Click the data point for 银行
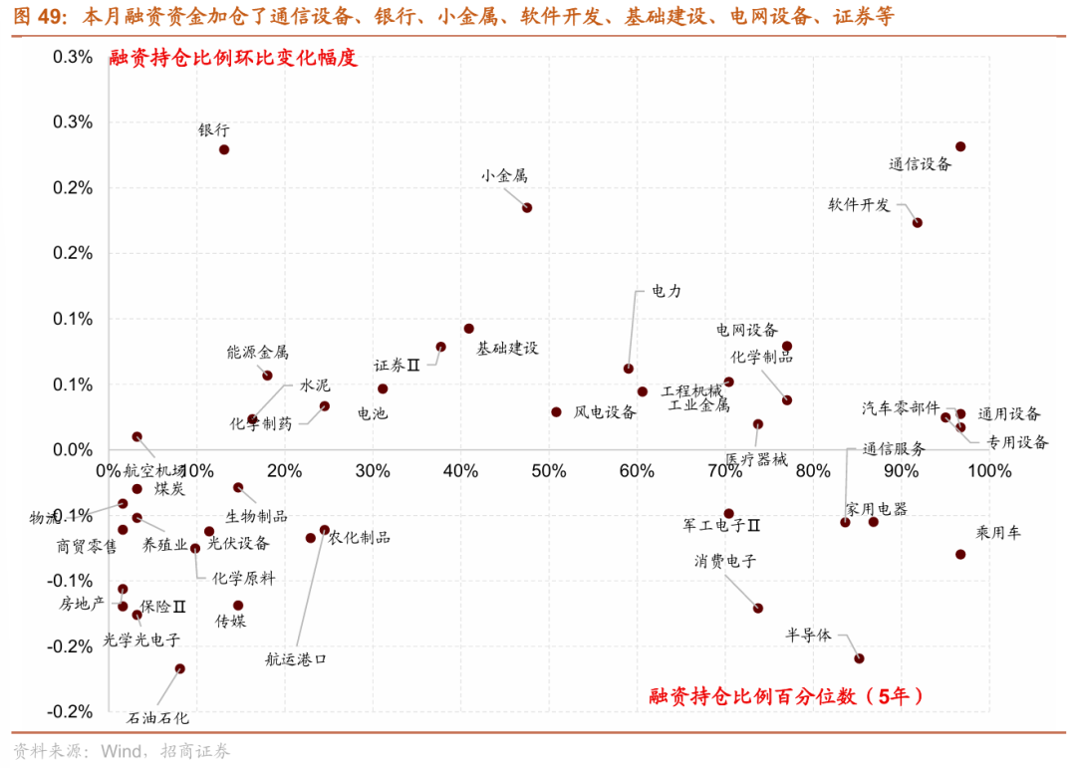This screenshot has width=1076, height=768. pyautogui.click(x=224, y=150)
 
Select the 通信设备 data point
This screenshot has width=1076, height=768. pyautogui.click(x=960, y=146)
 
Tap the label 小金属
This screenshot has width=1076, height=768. pyautogui.click(x=503, y=176)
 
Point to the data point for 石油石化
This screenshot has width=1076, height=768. pyautogui.click(x=179, y=669)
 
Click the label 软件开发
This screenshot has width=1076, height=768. pyautogui.click(x=859, y=205)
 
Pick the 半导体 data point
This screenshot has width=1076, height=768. pyautogui.click(x=859, y=658)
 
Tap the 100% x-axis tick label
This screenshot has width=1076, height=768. pyautogui.click(x=988, y=470)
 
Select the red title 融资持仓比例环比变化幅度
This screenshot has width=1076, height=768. pyautogui.click(x=232, y=59)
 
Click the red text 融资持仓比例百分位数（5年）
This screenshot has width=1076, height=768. pyautogui.click(x=786, y=696)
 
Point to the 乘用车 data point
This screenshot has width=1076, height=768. pyautogui.click(x=960, y=554)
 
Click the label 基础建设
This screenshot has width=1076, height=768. pyautogui.click(x=507, y=349)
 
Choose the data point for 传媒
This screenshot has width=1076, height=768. pyautogui.click(x=238, y=606)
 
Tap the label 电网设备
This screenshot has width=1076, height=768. pyautogui.click(x=746, y=330)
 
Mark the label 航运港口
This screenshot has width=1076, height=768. pyautogui.click(x=296, y=659)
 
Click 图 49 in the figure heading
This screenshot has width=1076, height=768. pyautogui.click(x=38, y=17)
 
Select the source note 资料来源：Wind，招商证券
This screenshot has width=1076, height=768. pyautogui.click(x=122, y=750)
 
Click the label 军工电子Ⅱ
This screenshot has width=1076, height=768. pyautogui.click(x=722, y=525)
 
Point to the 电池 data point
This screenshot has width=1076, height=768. pyautogui.click(x=383, y=388)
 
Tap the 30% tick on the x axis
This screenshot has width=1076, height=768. pyautogui.click(x=373, y=470)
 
